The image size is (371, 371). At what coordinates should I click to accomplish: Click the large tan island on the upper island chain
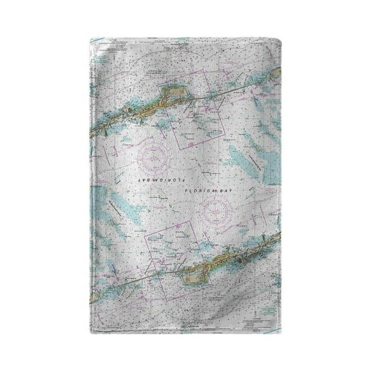pos(173,97)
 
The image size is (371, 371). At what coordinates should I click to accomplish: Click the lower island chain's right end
pos(277,236)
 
